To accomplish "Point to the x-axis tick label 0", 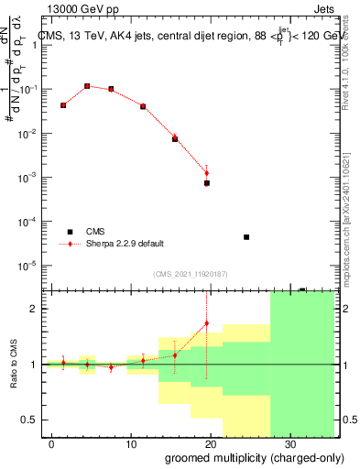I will (x=52, y=442).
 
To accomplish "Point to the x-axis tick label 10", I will (x=131, y=442).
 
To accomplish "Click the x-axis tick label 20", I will (x=211, y=442).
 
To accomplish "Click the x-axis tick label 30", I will (x=289, y=442).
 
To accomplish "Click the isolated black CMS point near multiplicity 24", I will (x=246, y=237).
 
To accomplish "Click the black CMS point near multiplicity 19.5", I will (x=207, y=183).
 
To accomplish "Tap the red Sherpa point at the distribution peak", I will (x=87, y=86).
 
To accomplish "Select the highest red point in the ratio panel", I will (x=207, y=323).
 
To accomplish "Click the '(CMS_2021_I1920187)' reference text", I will (x=191, y=273).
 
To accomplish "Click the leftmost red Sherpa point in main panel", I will (x=63, y=105).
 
